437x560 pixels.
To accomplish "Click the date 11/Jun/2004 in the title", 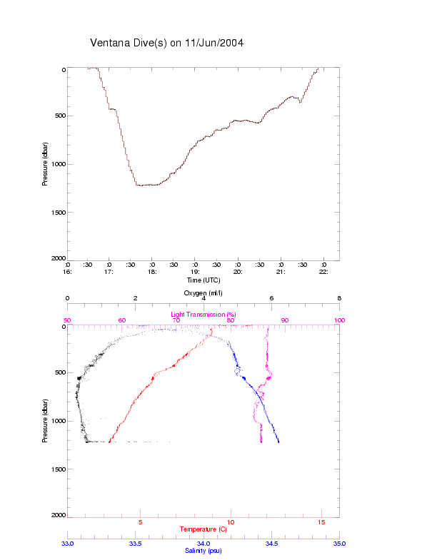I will pos(213,43).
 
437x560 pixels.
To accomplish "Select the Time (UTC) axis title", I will pos(203,280).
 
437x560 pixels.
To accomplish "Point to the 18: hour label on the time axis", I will pos(152,272).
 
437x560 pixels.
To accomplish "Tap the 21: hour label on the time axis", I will pos(281,272).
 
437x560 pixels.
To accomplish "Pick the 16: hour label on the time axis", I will pos(67,272).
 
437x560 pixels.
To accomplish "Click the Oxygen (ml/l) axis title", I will pos(204,293).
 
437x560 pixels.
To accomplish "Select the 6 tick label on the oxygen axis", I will pos(271,299).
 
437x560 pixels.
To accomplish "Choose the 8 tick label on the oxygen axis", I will pos(339,299).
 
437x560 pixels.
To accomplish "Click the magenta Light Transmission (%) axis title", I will pos(203,314).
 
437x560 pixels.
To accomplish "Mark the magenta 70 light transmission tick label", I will pos(176,320).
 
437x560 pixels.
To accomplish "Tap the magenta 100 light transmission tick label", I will pos(339,320).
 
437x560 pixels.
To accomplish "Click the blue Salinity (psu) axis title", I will pos(203,550).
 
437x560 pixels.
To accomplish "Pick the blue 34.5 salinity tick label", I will pos(271,544).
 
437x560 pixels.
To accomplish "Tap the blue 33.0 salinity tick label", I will pos(67,544).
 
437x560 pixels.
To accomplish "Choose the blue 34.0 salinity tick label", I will pos(204,544).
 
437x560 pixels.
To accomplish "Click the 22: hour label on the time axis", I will pos(324,272).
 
